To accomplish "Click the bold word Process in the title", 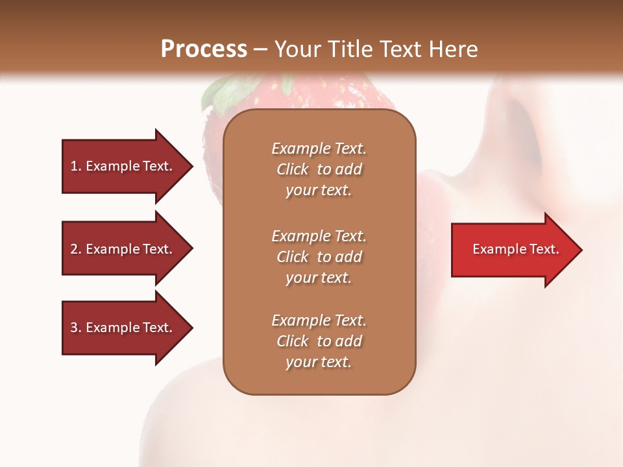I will pos(204,49).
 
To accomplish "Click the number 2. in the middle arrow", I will pos(76,249).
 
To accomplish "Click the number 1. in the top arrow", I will pos(75,166).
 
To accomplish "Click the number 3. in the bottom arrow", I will pos(76,328).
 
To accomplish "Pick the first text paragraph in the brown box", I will pos(319,169).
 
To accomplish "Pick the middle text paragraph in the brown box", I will pos(319,257).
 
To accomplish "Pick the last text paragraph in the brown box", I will pos(319,341).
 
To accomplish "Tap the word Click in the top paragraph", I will pos(293,169).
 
